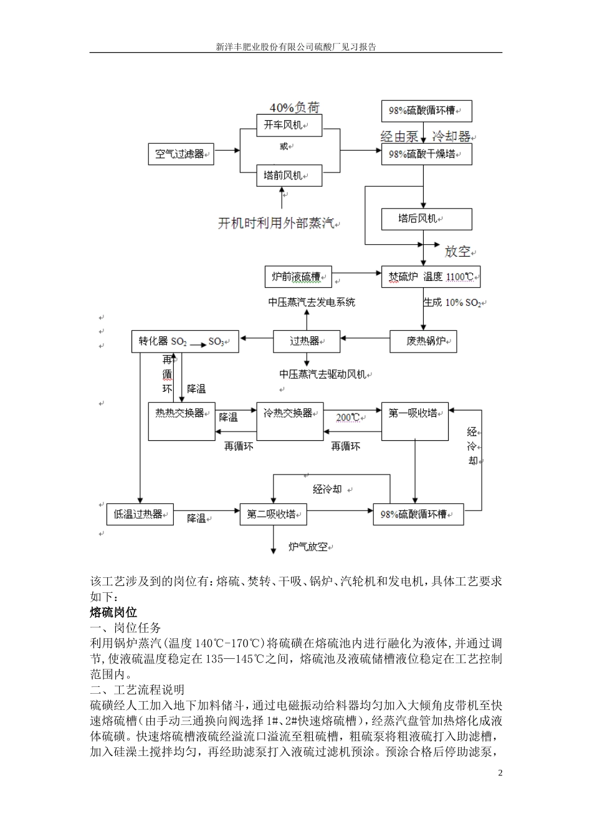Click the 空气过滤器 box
181,154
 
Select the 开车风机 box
290,125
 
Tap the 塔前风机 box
290,176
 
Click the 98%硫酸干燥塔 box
427,154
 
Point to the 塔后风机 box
427,219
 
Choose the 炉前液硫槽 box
298,277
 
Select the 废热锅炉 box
424,341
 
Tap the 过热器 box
307,341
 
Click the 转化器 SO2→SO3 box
185,341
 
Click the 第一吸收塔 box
415,422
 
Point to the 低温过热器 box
140,514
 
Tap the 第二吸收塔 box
273,514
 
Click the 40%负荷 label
294,107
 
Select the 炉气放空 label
308,547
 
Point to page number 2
500,773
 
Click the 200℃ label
348,417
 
